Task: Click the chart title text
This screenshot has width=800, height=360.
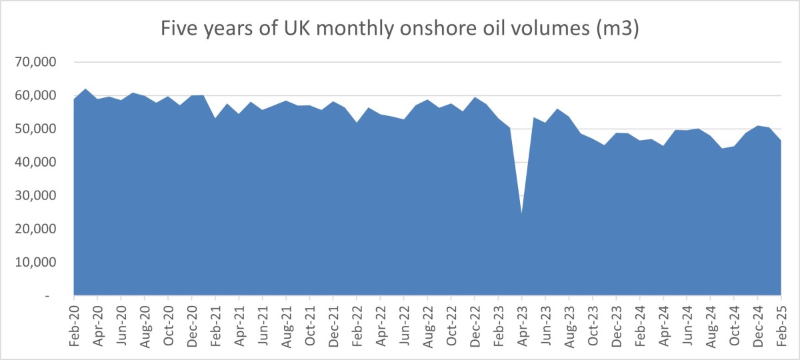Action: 399,30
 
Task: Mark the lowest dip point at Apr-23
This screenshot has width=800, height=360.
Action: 521,214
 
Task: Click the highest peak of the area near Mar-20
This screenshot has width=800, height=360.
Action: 85,89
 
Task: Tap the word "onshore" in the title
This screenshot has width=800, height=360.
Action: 431,30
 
